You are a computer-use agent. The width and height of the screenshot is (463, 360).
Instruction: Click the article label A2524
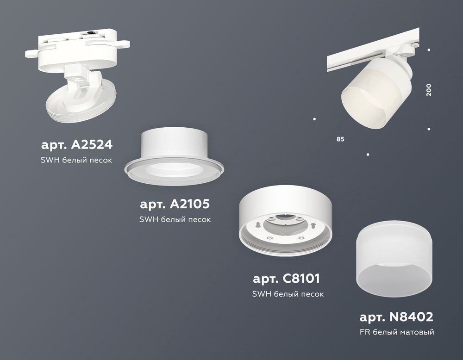(76, 145)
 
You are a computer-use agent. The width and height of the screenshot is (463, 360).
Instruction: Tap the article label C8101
(287, 279)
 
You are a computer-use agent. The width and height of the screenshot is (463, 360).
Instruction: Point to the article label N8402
(396, 317)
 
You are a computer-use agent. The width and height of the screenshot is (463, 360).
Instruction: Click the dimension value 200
(429, 89)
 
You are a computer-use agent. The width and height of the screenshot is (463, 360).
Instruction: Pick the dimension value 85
(340, 139)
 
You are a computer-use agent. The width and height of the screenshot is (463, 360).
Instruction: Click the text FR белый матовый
(397, 332)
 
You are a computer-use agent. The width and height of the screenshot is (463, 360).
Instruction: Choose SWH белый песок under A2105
(175, 219)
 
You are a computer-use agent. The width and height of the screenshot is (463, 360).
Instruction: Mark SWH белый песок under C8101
(288, 294)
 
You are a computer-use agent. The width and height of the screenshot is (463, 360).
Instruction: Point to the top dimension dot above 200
(429, 50)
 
